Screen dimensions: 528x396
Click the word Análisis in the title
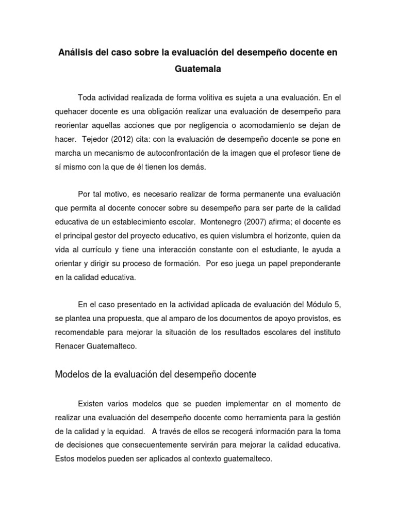pos(76,54)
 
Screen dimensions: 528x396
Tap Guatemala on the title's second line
pos(197,70)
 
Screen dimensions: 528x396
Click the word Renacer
pos(71,346)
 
